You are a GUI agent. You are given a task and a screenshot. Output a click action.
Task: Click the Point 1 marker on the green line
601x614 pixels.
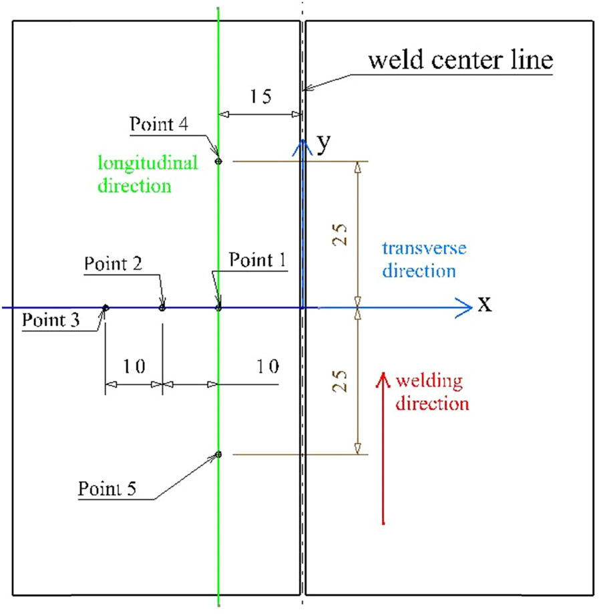coord(218,308)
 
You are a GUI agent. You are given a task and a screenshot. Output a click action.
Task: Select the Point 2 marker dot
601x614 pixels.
coord(162,308)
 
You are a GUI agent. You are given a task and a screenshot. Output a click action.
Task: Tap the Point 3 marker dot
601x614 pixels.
coord(105,308)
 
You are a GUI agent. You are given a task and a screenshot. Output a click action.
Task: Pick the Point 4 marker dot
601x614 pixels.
coord(218,161)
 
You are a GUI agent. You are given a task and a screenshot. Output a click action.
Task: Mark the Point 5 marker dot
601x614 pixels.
coord(218,455)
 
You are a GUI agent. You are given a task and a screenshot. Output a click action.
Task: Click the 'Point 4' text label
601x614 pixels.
coord(160,124)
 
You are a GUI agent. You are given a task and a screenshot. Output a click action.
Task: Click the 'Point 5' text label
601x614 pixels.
coord(108,486)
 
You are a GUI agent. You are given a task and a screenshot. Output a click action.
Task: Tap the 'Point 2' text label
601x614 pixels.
coord(114,263)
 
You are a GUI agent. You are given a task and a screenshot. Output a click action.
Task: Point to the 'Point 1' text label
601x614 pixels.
coord(257,260)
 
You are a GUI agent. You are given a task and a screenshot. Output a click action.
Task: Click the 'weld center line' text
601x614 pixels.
coord(461,61)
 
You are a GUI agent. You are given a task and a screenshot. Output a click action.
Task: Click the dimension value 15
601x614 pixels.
coord(260,98)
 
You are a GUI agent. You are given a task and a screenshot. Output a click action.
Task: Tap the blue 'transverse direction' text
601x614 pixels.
coord(424,260)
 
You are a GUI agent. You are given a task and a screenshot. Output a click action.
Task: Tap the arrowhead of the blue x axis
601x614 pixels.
coord(465,308)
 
